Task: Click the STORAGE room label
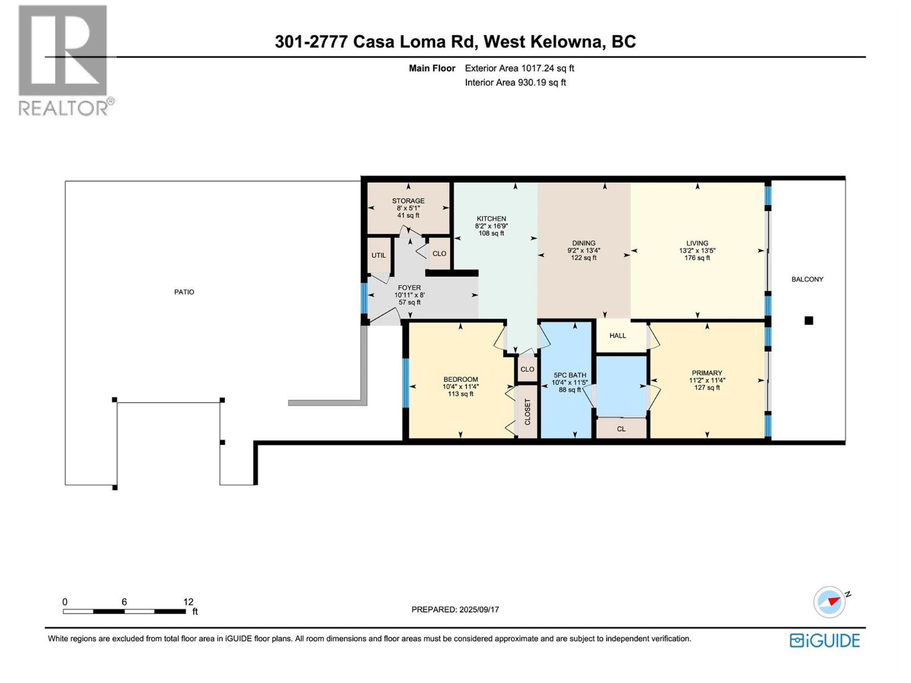(408, 201)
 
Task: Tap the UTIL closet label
(379, 256)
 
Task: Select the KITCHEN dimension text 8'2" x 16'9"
(491, 226)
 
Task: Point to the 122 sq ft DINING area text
(584, 258)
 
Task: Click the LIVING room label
(697, 243)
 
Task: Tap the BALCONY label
(807, 279)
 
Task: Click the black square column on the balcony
(809, 320)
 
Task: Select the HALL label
(617, 336)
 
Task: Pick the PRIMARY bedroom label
(707, 373)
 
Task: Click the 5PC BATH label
(569, 375)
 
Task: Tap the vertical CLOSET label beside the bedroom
(527, 412)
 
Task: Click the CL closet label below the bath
(621, 429)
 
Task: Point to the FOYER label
(409, 288)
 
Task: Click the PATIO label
(184, 292)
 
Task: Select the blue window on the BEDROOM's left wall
(405, 382)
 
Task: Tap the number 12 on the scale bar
(188, 602)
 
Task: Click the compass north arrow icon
(830, 602)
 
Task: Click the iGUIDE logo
(824, 640)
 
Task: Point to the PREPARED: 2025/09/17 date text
(455, 610)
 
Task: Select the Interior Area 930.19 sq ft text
(515, 83)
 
